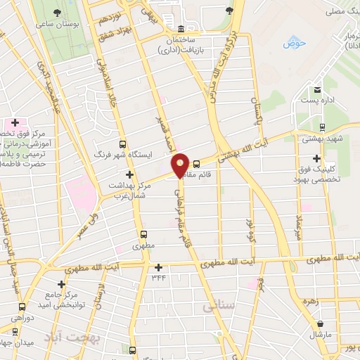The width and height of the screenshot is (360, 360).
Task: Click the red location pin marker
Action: (x=181, y=165)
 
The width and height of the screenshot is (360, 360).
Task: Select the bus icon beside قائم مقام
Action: (x=196, y=164)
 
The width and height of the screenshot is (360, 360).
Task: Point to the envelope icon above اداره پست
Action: (x=318, y=89)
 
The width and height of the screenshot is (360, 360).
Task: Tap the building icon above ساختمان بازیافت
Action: (x=182, y=29)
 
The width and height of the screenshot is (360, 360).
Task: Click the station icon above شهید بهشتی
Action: (x=321, y=127)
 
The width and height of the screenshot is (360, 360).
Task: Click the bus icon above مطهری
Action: (x=144, y=234)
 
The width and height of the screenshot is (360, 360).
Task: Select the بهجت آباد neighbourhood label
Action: (x=74, y=337)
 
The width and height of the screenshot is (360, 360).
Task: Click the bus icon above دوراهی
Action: (x=22, y=306)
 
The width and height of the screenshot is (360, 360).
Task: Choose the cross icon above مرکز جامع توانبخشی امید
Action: (x=62, y=285)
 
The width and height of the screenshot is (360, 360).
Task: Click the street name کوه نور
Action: (x=250, y=231)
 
